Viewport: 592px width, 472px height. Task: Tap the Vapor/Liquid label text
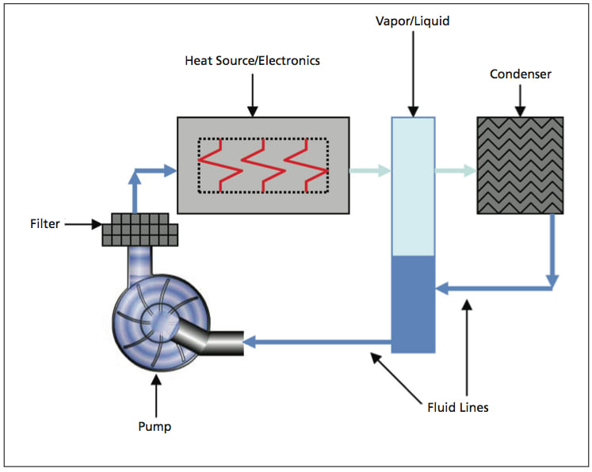point(413,21)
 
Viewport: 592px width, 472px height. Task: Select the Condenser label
point(520,74)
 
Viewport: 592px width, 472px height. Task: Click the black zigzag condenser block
point(520,166)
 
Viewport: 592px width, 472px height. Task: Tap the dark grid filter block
point(140,228)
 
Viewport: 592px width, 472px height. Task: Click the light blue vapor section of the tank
point(414,186)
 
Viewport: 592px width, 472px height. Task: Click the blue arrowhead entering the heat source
point(169,169)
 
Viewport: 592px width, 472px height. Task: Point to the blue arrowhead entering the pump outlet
point(250,342)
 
